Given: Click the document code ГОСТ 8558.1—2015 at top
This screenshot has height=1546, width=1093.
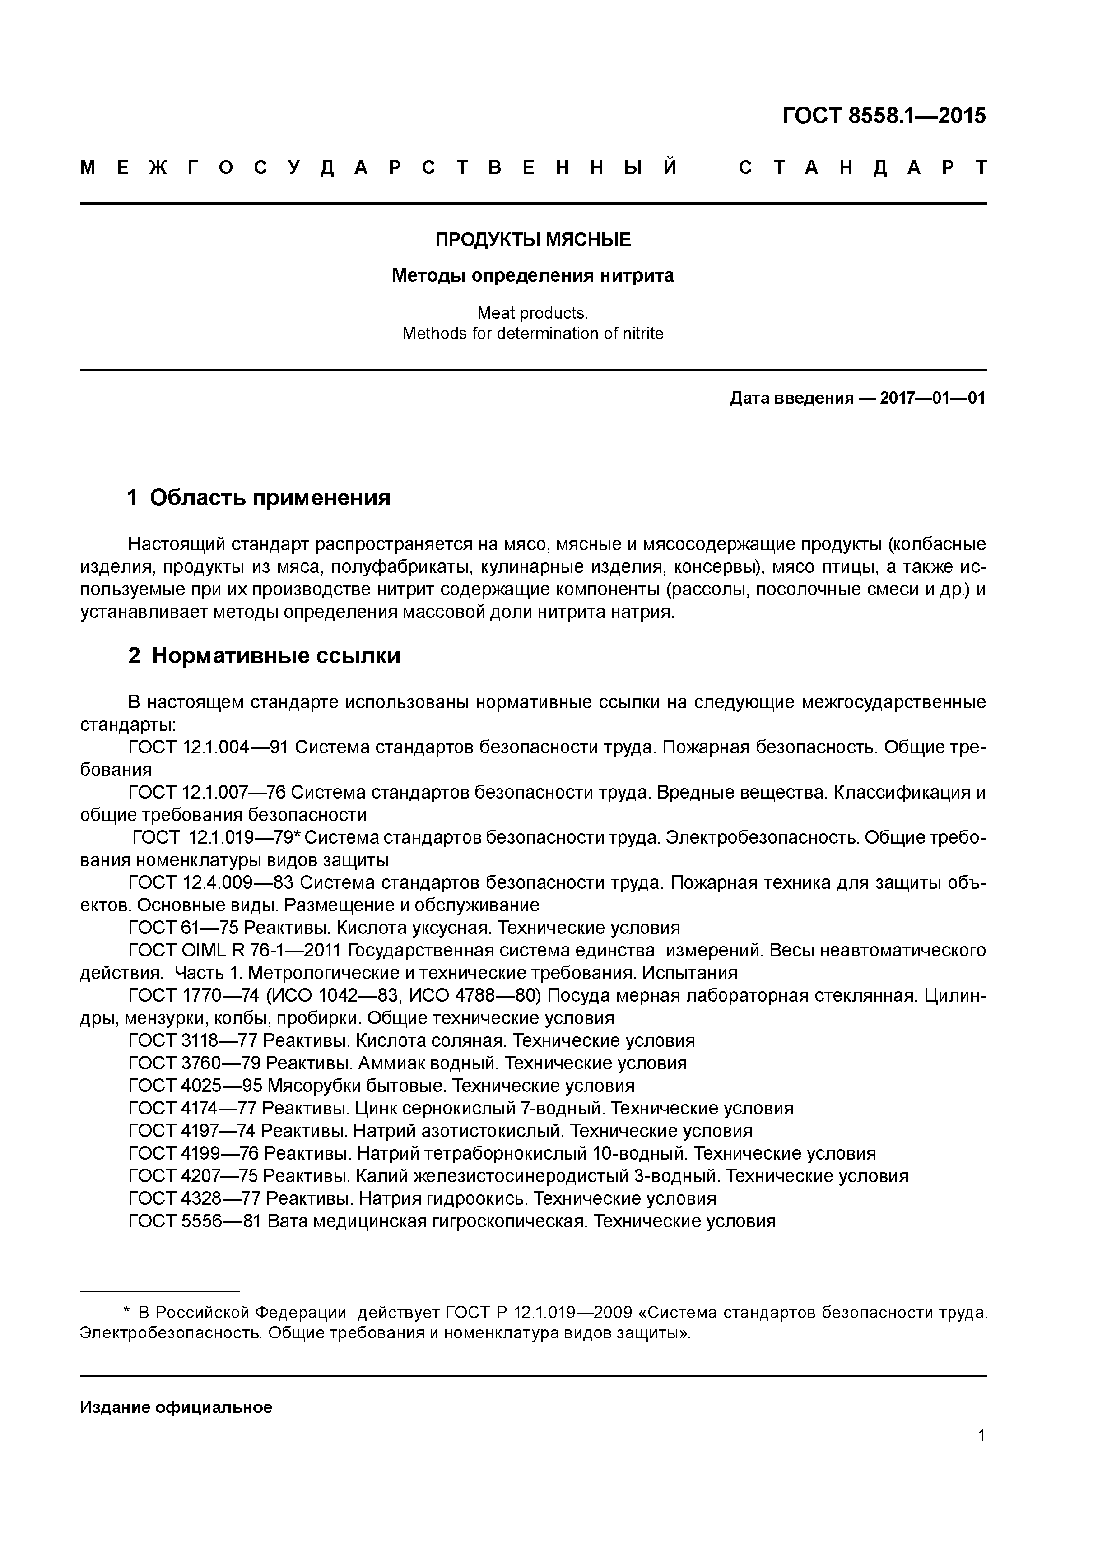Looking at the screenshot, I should click(x=883, y=116).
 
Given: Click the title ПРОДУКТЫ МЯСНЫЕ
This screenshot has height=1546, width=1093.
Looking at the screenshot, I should click(x=533, y=239).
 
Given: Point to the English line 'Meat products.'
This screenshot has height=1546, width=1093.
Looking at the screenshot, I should click(x=533, y=313).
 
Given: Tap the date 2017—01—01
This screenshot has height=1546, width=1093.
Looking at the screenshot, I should click(x=932, y=398).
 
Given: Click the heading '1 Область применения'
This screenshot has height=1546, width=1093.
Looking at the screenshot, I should click(x=259, y=497).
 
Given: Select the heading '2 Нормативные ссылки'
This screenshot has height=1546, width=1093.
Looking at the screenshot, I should click(x=264, y=655).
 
